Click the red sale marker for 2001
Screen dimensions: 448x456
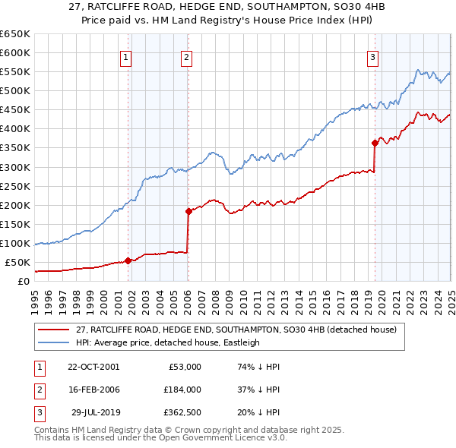[128, 260]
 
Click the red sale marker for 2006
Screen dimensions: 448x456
[188, 211]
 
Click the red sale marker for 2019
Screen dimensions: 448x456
[375, 143]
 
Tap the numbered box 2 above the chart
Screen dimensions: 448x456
[186, 55]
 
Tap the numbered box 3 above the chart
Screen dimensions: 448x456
[373, 55]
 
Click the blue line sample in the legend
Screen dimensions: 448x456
[53, 342]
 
